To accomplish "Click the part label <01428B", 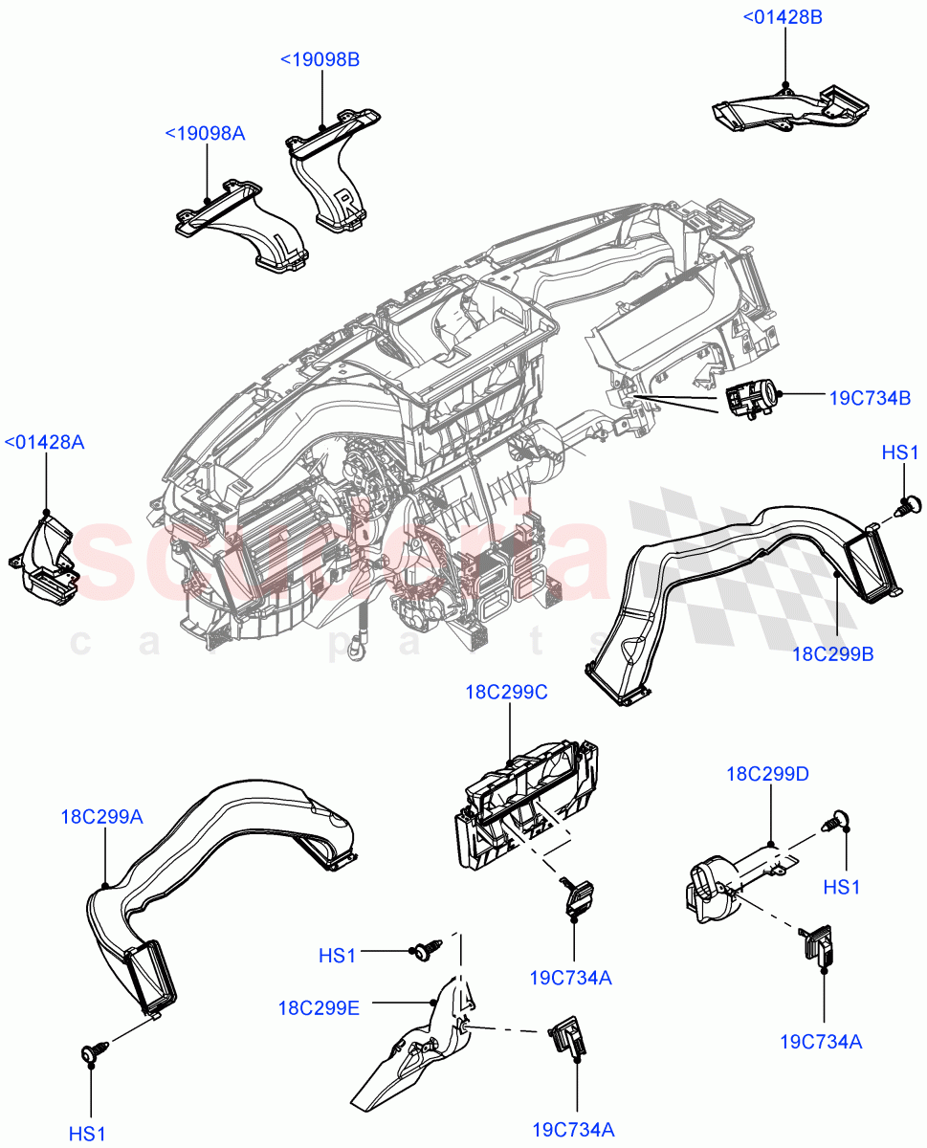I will [783, 16].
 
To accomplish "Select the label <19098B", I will [320, 59].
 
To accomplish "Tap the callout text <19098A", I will [205, 133].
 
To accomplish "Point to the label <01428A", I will [44, 442].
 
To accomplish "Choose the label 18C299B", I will [832, 654].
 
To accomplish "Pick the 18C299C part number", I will [506, 693].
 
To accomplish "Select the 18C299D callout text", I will [767, 774].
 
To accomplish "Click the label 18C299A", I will [103, 816].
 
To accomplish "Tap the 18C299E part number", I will [319, 1007].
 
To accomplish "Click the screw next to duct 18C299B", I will [911, 503].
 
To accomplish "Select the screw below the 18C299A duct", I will [92, 1054].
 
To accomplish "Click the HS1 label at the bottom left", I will [86, 1134].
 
